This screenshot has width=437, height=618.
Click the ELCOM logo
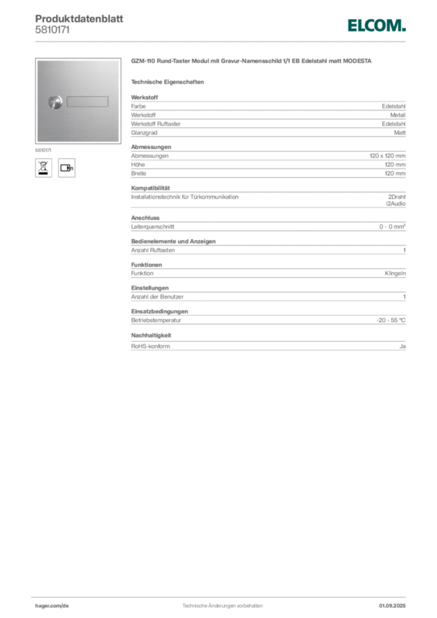[376, 25]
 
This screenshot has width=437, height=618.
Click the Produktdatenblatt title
[79, 19]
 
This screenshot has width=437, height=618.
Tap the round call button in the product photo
[55, 102]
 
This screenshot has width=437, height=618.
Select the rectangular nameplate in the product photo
[87, 101]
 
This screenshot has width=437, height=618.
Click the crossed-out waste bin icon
[43, 168]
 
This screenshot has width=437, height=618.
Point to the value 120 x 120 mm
[388, 156]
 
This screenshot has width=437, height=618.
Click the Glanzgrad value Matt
[400, 133]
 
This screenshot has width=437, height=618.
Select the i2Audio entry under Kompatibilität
[395, 204]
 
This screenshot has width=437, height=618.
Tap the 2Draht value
[397, 197]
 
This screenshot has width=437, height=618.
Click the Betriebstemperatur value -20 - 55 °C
[391, 320]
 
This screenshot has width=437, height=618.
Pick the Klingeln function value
[395, 273]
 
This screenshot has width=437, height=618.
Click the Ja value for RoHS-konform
[403, 346]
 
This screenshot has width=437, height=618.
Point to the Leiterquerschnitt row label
[153, 227]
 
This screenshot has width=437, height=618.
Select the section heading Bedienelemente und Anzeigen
[173, 241]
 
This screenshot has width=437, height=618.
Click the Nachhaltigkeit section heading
[151, 336]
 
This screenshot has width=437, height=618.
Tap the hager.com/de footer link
[52, 606]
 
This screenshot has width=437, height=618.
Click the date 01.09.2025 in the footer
[392, 606]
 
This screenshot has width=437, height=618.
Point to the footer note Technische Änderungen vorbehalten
[222, 606]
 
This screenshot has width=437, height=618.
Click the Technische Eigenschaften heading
[167, 82]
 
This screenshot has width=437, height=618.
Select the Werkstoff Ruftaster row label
[156, 124]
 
